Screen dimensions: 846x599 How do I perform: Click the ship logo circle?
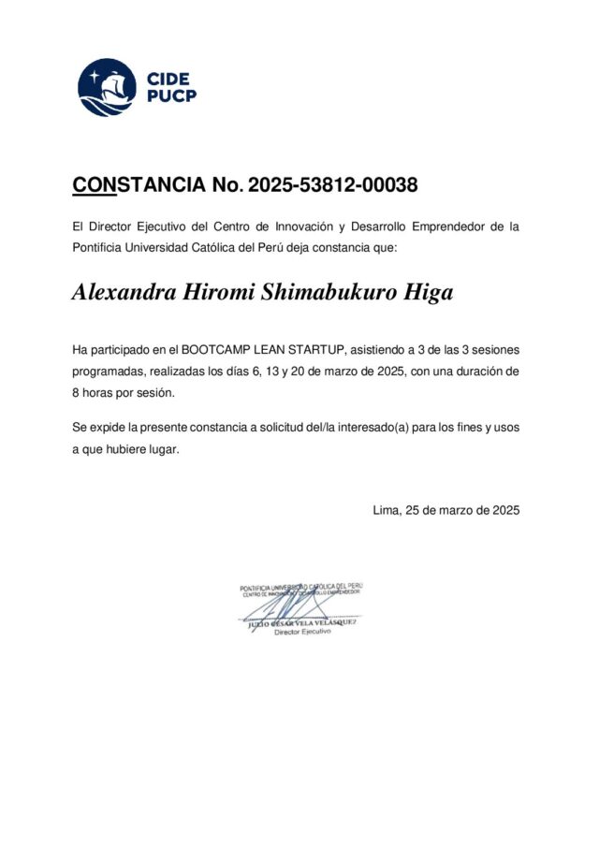click(106, 87)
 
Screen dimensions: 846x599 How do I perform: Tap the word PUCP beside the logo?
click(171, 95)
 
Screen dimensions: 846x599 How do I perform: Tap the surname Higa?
click(428, 293)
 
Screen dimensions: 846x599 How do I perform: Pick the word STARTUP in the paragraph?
click(316, 350)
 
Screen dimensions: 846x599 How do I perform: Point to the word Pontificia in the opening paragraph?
click(100, 247)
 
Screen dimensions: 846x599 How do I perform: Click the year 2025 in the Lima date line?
click(500, 510)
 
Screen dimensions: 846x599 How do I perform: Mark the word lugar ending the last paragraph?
click(160, 448)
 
